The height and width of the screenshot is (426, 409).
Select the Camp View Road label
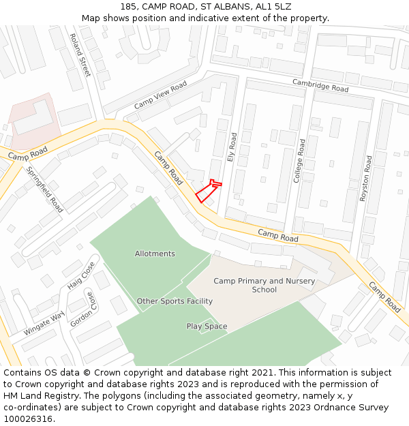coord(160,95)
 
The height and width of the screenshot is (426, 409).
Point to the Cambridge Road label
coord(320,85)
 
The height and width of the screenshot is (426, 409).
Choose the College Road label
coord(298,161)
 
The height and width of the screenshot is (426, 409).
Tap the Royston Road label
coord(365,178)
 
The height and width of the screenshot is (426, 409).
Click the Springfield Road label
coord(45,189)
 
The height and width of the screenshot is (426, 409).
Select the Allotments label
coord(155,254)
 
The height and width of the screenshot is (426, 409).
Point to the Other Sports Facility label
coord(175,301)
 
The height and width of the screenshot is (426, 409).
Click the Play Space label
coord(207,326)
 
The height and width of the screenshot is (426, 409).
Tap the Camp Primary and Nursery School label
coord(264,285)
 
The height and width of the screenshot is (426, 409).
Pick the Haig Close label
coord(80,275)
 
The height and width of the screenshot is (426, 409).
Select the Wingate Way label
coord(43,322)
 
